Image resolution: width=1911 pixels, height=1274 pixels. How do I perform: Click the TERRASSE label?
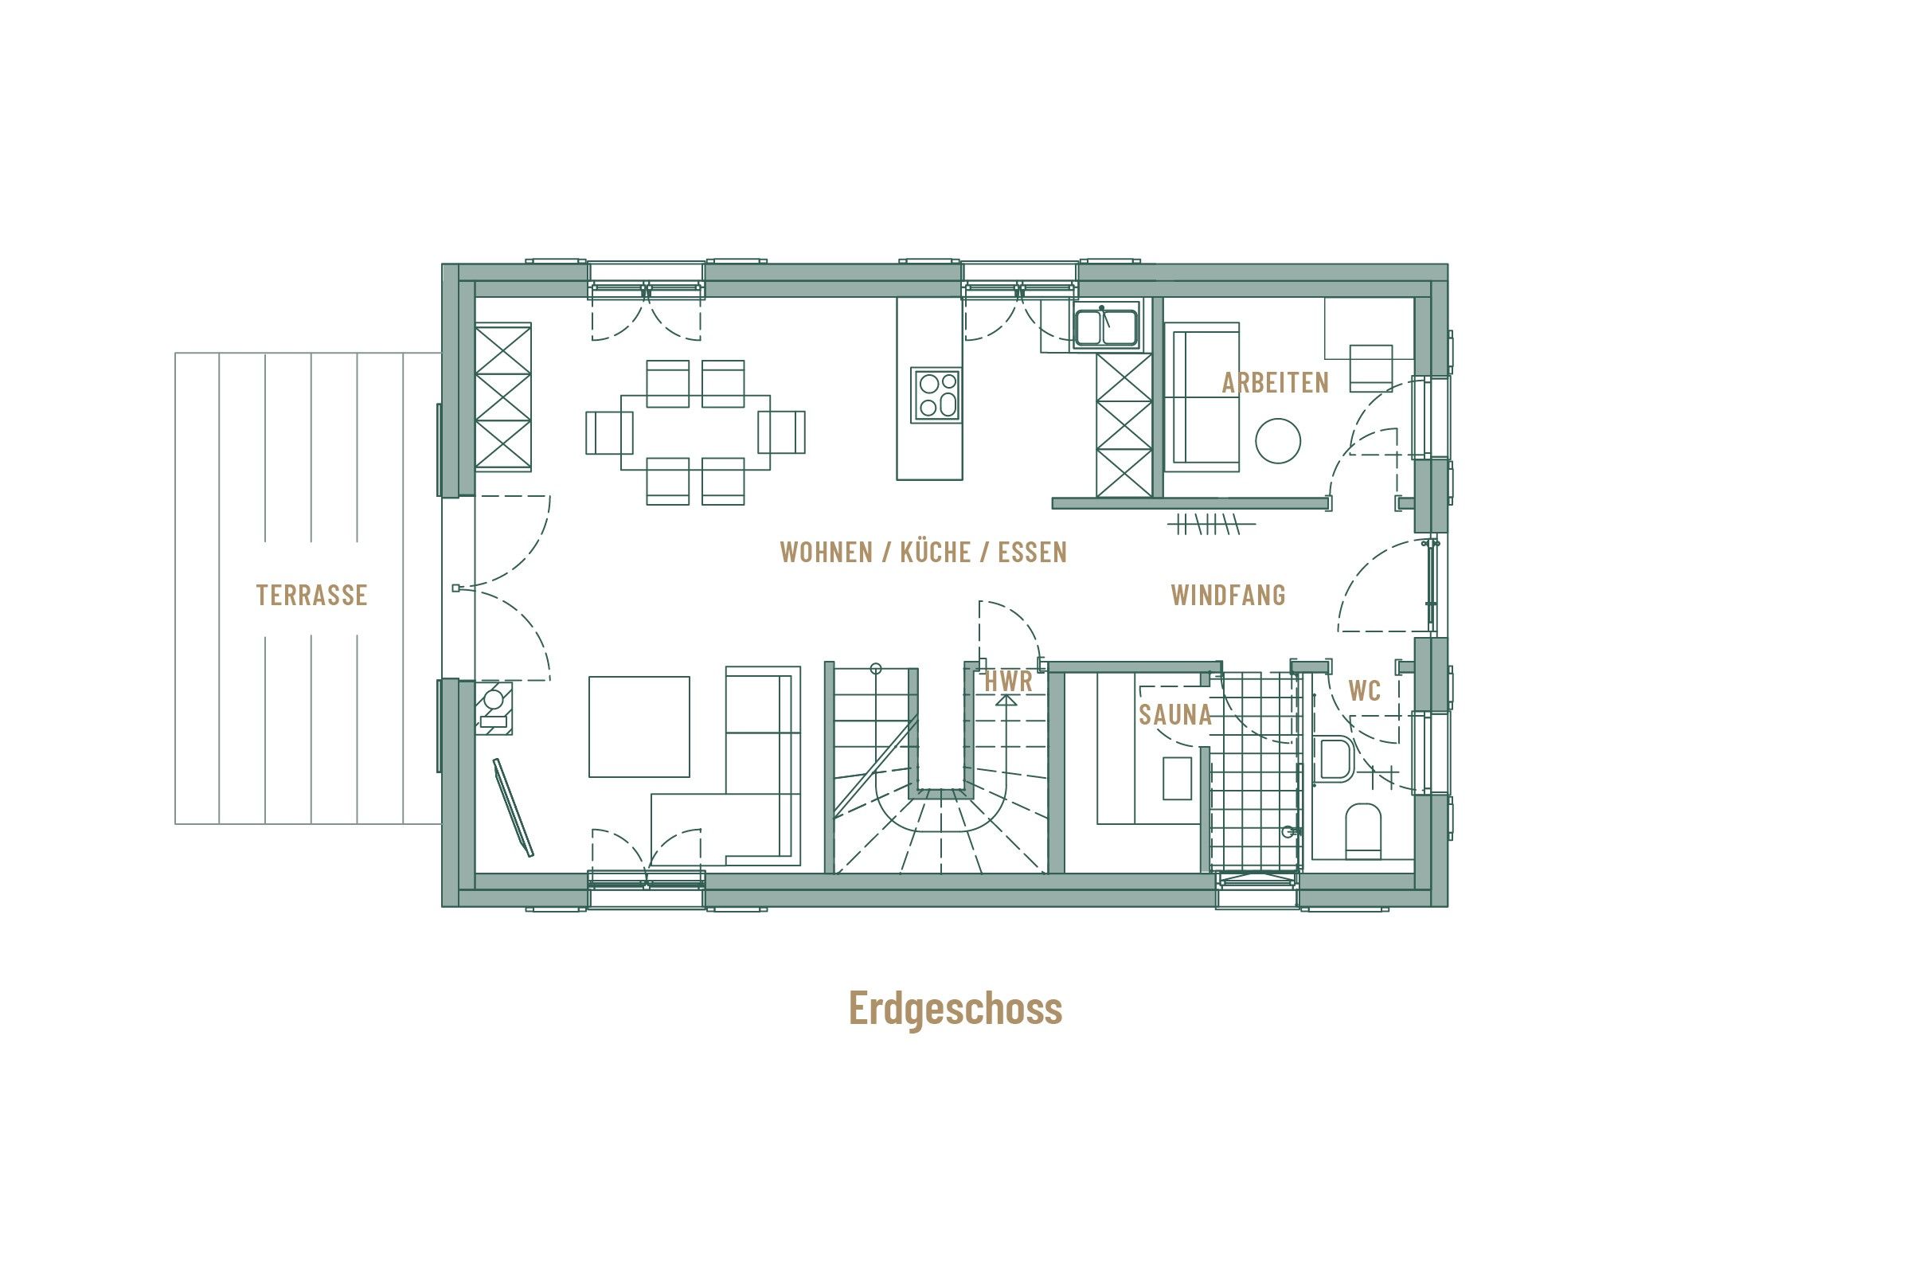coord(312,596)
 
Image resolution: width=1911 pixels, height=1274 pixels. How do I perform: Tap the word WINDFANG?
coord(1228,596)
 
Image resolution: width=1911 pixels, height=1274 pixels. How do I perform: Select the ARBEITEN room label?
coord(1275,384)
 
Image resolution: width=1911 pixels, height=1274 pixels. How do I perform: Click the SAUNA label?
coord(1175,715)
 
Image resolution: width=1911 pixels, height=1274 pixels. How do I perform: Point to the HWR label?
coord(1007,682)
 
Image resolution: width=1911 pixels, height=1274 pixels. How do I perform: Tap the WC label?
coord(1364,691)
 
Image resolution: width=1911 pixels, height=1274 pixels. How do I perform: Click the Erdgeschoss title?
coord(955,1008)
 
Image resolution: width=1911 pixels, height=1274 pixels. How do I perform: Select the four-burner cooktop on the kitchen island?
coord(936,395)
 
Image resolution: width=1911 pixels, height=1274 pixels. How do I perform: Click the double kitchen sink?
coord(1106,327)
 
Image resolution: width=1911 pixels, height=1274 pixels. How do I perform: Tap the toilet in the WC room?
coord(1362,830)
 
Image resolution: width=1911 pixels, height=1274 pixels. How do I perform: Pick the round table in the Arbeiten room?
coord(1277,441)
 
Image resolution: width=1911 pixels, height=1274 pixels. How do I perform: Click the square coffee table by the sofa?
coord(639,726)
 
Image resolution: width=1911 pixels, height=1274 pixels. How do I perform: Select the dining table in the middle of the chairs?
coord(695,432)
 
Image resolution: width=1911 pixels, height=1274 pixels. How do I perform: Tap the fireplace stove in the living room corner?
coord(493,709)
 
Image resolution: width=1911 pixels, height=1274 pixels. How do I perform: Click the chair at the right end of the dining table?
coord(782,432)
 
